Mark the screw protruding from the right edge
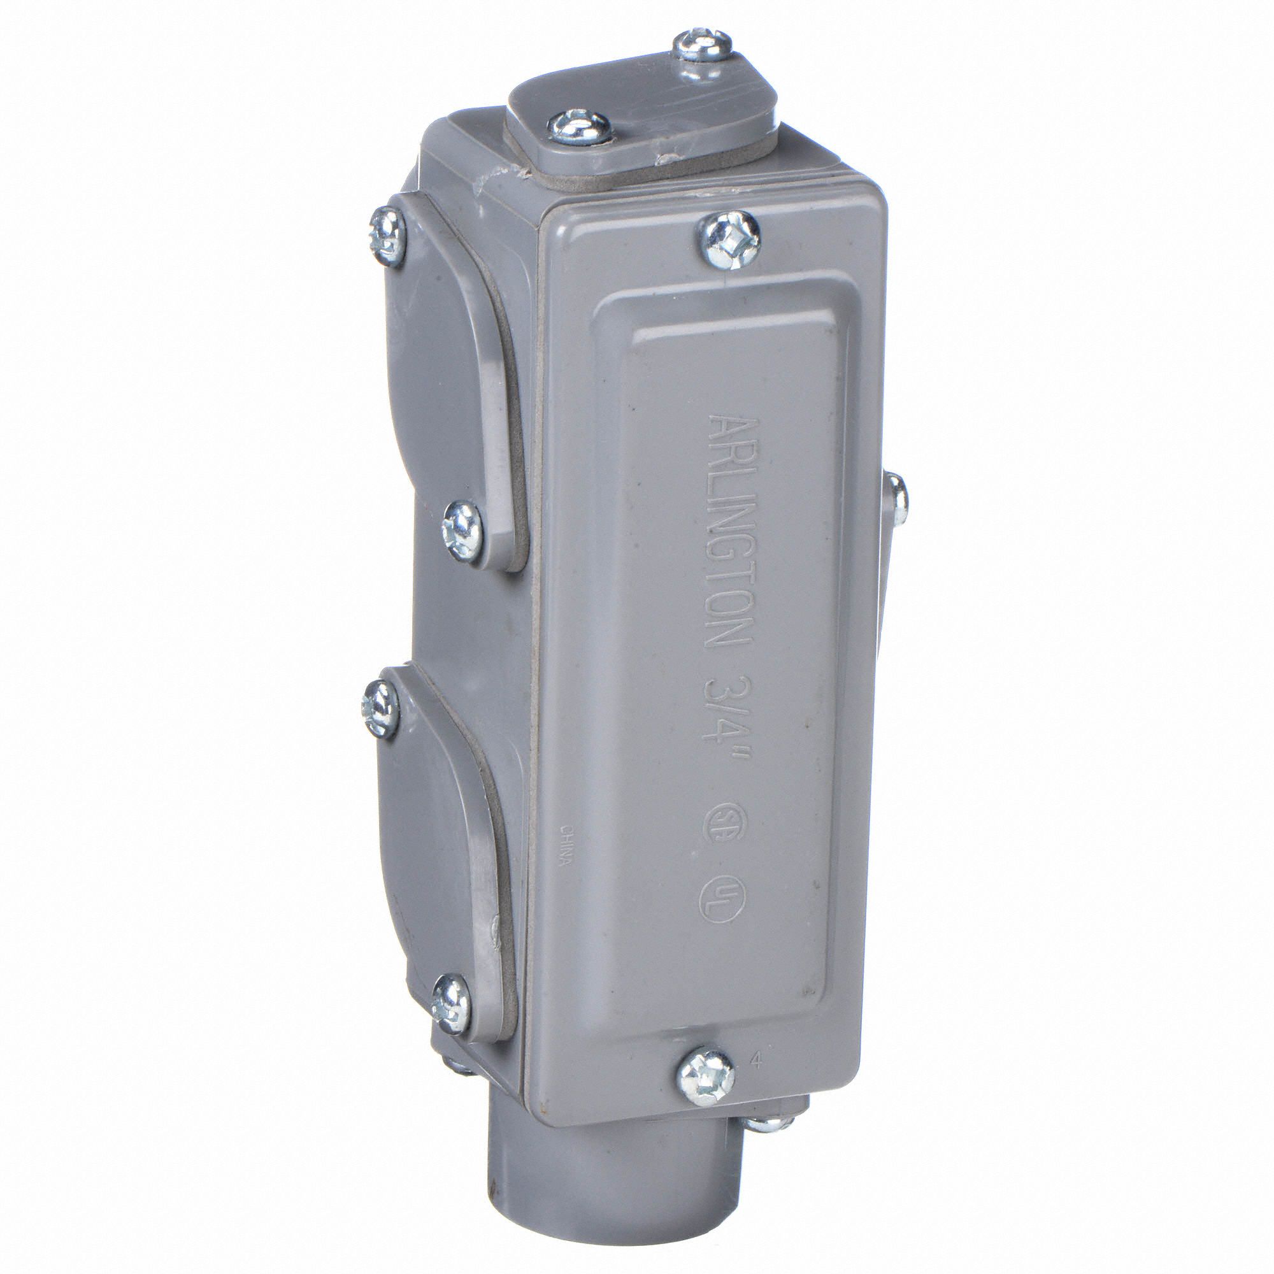pos(896,495)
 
